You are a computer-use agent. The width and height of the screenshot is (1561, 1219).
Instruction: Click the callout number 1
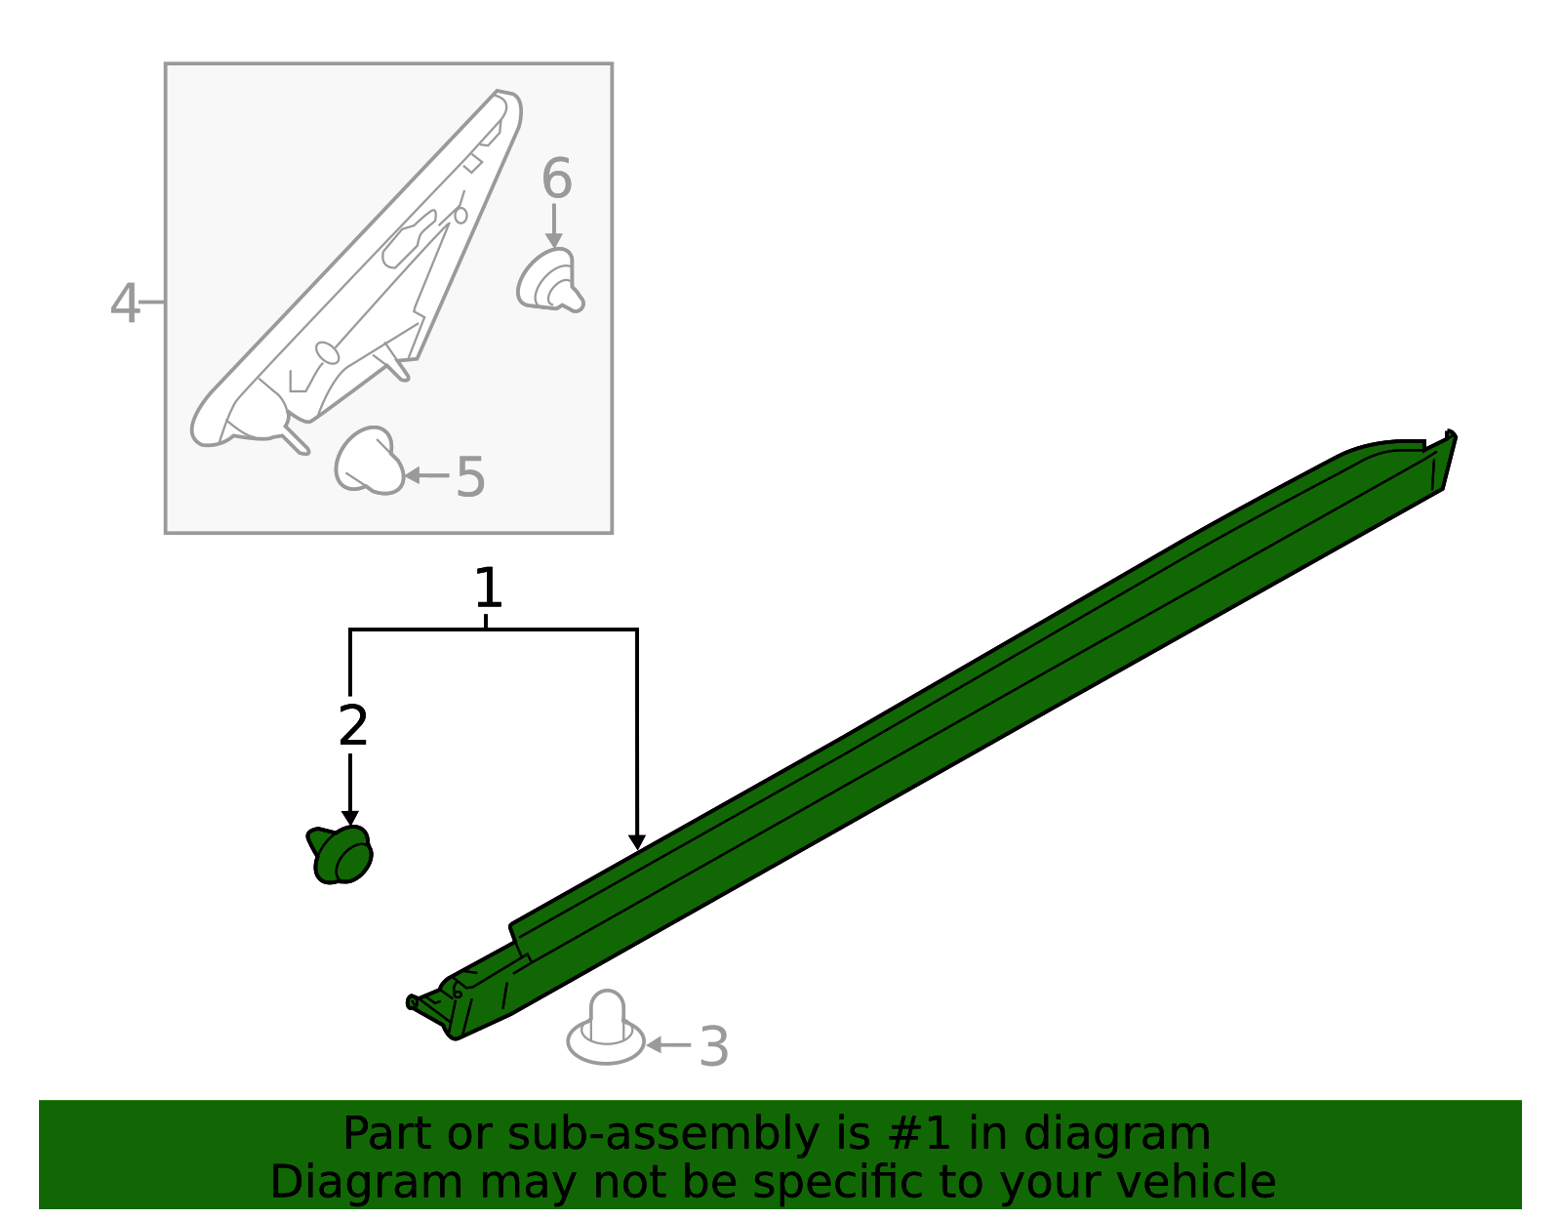(x=488, y=589)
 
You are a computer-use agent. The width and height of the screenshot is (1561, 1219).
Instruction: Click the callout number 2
(x=352, y=726)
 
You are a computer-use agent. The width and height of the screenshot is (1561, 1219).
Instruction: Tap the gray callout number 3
(x=714, y=1047)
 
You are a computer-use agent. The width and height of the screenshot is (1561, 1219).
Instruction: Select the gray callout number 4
(x=124, y=304)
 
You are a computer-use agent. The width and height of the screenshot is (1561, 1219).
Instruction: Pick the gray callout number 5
(x=470, y=477)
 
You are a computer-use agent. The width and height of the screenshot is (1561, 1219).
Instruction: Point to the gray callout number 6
(x=556, y=180)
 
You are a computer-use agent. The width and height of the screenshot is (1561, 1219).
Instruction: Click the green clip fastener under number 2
(x=340, y=855)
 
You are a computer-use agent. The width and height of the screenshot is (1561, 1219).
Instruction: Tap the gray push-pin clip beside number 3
(x=606, y=1030)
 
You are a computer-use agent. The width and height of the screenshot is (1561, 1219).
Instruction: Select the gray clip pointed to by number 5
(x=369, y=461)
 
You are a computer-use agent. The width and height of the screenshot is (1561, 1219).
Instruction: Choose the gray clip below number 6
(x=550, y=281)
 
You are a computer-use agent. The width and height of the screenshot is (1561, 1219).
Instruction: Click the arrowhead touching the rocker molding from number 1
(x=637, y=840)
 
